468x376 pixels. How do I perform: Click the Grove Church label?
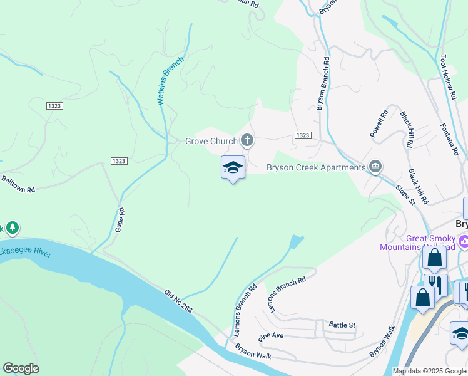click(211, 141)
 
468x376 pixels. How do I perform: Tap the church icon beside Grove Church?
click(247, 140)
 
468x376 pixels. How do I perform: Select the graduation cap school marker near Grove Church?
click(233, 167)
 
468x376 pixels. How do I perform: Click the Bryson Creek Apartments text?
click(315, 167)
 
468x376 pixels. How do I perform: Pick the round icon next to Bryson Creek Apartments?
click(375, 166)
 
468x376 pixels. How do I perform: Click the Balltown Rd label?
click(18, 185)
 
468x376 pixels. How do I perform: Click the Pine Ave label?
click(271, 336)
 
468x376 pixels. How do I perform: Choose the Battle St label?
click(342, 325)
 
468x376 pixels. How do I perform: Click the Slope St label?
click(405, 194)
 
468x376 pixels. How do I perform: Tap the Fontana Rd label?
click(449, 139)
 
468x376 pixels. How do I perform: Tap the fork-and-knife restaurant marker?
click(435, 285)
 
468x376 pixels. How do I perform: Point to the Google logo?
click(21, 368)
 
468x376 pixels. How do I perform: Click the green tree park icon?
click(12, 229)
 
